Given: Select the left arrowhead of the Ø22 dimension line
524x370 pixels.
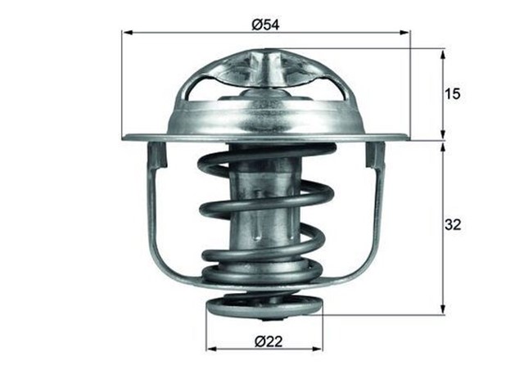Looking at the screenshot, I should [x=210, y=348].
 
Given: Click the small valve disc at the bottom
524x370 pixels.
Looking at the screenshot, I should [x=263, y=309].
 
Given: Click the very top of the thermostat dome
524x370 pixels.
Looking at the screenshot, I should [x=264, y=50].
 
